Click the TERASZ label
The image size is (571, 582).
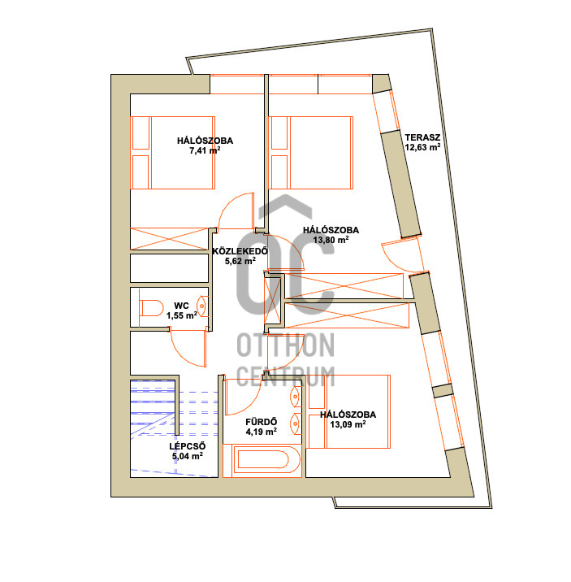pyautogui.click(x=422, y=137)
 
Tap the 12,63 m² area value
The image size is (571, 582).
pyautogui.click(x=422, y=147)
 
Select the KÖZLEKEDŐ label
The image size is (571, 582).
pyautogui.click(x=240, y=251)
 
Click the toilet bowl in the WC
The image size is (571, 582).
pyautogui.click(x=152, y=308)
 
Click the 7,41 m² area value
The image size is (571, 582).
pyautogui.click(x=205, y=150)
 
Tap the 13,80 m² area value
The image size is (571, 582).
pyautogui.click(x=331, y=240)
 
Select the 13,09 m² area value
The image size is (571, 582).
pyautogui.click(x=348, y=424)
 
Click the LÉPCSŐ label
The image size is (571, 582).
pyautogui.click(x=188, y=446)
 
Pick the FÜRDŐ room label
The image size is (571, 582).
pyautogui.click(x=262, y=422)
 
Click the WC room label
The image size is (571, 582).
pyautogui.click(x=181, y=306)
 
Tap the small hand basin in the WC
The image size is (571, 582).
pyautogui.click(x=202, y=306)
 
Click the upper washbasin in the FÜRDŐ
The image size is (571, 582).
pyautogui.click(x=296, y=397)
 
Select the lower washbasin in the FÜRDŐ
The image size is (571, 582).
pyautogui.click(x=296, y=423)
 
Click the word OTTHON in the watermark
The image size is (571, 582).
pyautogui.click(x=286, y=345)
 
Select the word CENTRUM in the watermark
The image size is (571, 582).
pyautogui.click(x=286, y=376)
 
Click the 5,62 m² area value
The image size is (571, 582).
pyautogui.click(x=240, y=261)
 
